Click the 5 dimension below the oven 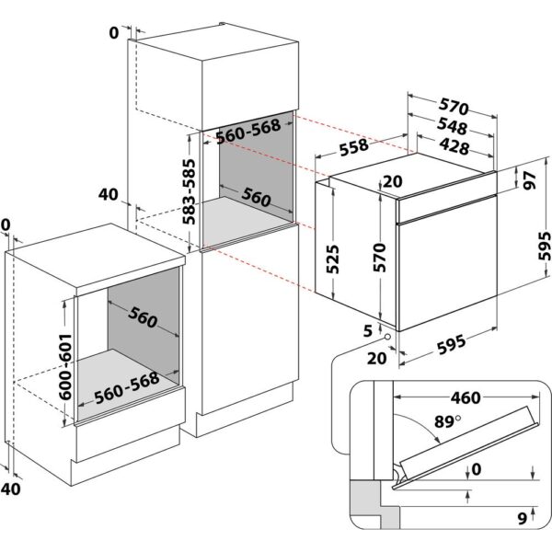[367, 329]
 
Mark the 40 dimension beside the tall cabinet [108, 194]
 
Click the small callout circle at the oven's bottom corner [388, 338]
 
